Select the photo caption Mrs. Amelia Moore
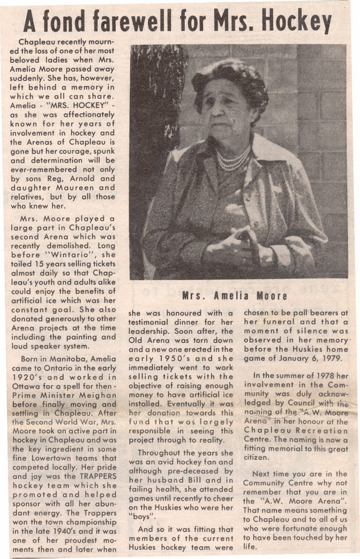[234, 296]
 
